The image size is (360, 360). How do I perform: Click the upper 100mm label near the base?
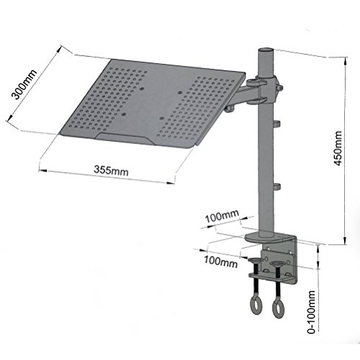(x=222, y=215)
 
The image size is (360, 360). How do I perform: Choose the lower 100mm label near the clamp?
(x=222, y=264)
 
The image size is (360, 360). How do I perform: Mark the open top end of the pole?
(x=264, y=52)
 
